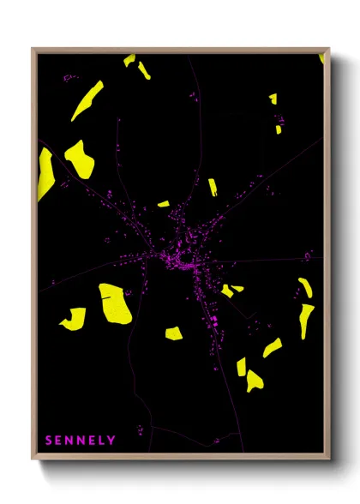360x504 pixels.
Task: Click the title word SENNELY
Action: (81, 441)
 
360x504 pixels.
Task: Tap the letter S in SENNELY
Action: (49, 441)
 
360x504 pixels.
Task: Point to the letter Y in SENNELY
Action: (111, 441)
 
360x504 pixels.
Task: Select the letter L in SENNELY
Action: (101, 441)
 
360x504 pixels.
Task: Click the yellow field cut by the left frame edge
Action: (44, 174)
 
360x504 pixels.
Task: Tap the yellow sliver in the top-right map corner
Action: (321, 59)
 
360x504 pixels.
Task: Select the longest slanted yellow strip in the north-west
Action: (87, 100)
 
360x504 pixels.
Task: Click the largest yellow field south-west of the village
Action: (115, 303)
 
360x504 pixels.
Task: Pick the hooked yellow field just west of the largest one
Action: (74, 319)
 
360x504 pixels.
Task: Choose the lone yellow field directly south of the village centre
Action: (174, 333)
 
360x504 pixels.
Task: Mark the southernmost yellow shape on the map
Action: (254, 380)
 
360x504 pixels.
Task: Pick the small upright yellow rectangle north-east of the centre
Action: (213, 187)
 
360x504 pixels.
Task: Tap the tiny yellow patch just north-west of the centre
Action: (163, 204)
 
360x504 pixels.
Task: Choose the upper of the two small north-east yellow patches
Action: (273, 99)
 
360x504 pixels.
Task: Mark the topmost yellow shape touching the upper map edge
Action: (129, 60)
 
